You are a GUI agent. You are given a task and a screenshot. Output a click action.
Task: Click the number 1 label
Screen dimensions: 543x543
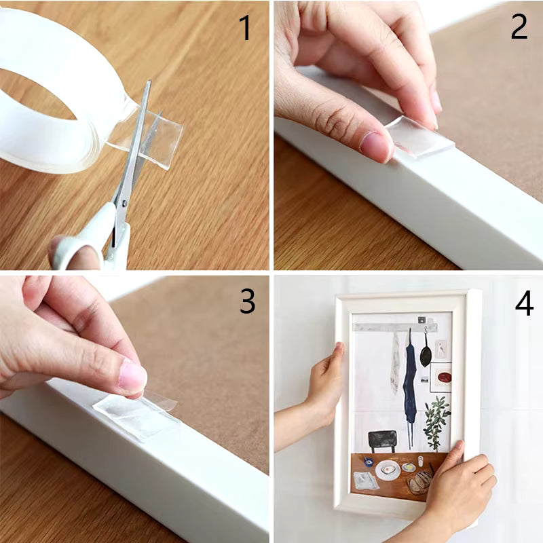point(245,28)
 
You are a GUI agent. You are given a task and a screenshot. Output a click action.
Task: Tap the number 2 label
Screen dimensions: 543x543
point(519,26)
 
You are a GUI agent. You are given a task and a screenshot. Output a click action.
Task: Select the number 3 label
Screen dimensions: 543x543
point(247,301)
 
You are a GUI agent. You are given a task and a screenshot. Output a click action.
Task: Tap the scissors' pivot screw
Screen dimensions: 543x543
point(125,201)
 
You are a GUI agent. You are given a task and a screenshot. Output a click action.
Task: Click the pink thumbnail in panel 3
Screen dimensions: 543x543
point(132,375)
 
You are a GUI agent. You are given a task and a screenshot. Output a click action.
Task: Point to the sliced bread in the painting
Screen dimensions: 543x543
point(419,482)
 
